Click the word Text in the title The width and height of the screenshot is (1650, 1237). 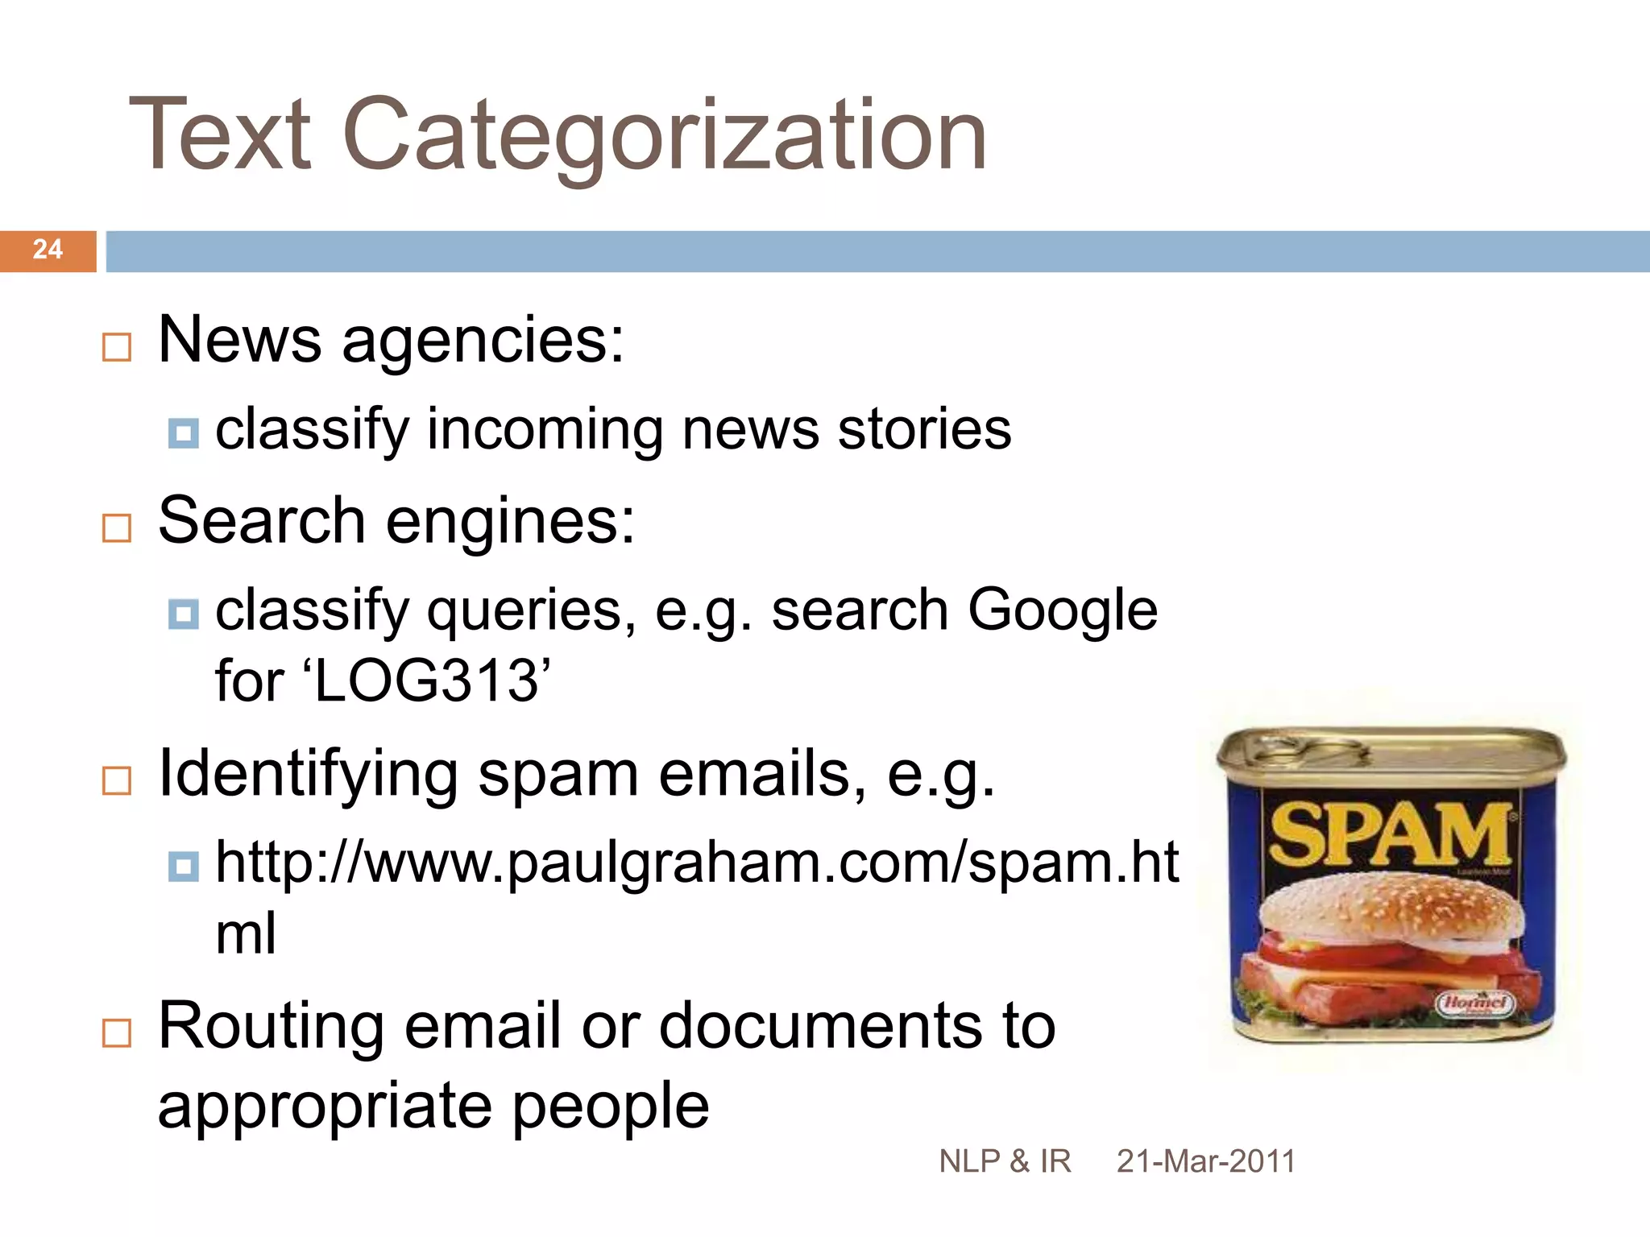(x=219, y=135)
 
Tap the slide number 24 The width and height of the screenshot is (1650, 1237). (x=48, y=250)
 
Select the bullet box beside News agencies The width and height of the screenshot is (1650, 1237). (x=117, y=347)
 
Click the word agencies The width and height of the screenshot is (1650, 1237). (x=483, y=341)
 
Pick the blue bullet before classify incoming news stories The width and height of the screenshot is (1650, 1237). (x=184, y=433)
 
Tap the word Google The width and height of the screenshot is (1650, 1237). (x=1062, y=610)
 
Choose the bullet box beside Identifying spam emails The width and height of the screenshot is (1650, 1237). (x=117, y=780)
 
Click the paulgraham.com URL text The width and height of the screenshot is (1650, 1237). (x=697, y=863)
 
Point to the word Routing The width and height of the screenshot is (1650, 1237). (x=271, y=1026)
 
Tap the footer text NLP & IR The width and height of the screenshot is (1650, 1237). (x=1005, y=1161)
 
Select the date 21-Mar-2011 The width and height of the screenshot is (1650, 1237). (x=1206, y=1161)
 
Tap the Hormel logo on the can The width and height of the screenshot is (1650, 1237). (x=1475, y=1003)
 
